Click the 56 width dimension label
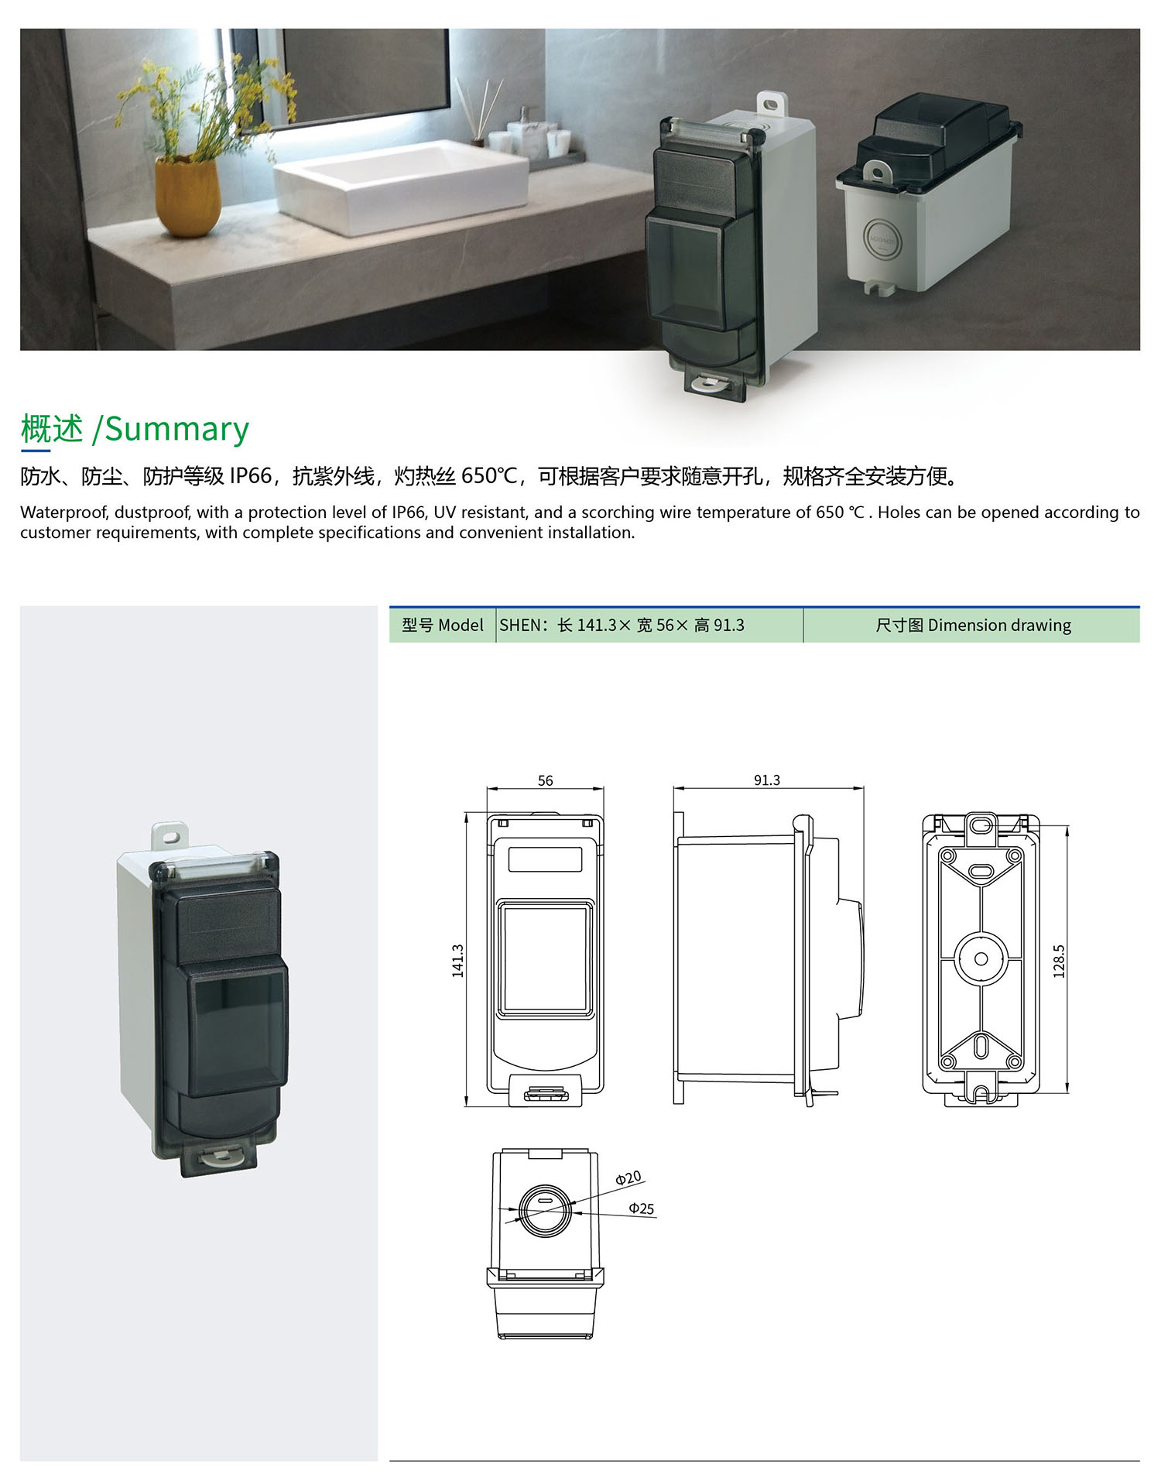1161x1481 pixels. tap(545, 780)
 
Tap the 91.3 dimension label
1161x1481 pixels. tap(767, 780)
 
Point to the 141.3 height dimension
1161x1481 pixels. tap(457, 961)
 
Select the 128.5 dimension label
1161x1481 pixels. tap(1059, 961)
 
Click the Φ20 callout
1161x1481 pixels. tap(628, 1178)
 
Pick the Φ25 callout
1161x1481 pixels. tap(642, 1208)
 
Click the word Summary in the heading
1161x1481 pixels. tap(177, 430)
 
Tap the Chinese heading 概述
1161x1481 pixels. tap(52, 429)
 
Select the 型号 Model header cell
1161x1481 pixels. tap(443, 625)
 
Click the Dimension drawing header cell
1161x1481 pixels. tap(972, 625)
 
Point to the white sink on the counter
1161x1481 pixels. tap(401, 186)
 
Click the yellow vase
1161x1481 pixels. tap(187, 197)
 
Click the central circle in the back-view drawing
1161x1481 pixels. tap(981, 958)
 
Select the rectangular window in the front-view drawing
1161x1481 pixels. tap(545, 958)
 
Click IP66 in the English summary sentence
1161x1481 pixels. tap(409, 513)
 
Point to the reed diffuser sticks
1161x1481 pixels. tap(473, 111)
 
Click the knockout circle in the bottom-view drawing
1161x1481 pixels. tap(545, 1210)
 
